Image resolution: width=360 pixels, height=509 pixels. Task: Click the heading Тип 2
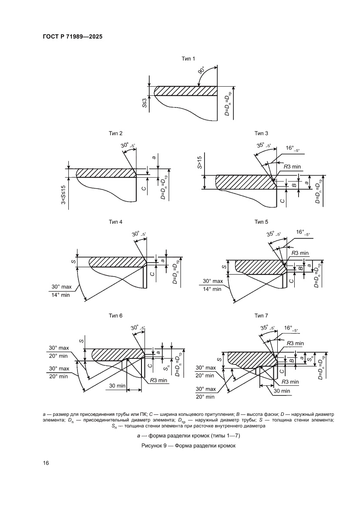115,133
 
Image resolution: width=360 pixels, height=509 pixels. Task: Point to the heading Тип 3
262,133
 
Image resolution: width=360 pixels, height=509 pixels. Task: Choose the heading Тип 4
115,222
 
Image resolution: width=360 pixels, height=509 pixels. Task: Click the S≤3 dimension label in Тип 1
144,103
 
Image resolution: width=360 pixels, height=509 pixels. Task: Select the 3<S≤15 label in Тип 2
64,195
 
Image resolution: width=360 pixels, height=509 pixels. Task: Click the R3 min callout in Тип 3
293,167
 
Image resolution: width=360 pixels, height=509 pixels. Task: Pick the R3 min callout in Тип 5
300,253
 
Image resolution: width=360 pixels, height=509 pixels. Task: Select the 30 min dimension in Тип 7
282,391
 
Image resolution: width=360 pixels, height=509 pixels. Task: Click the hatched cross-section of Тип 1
185,91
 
